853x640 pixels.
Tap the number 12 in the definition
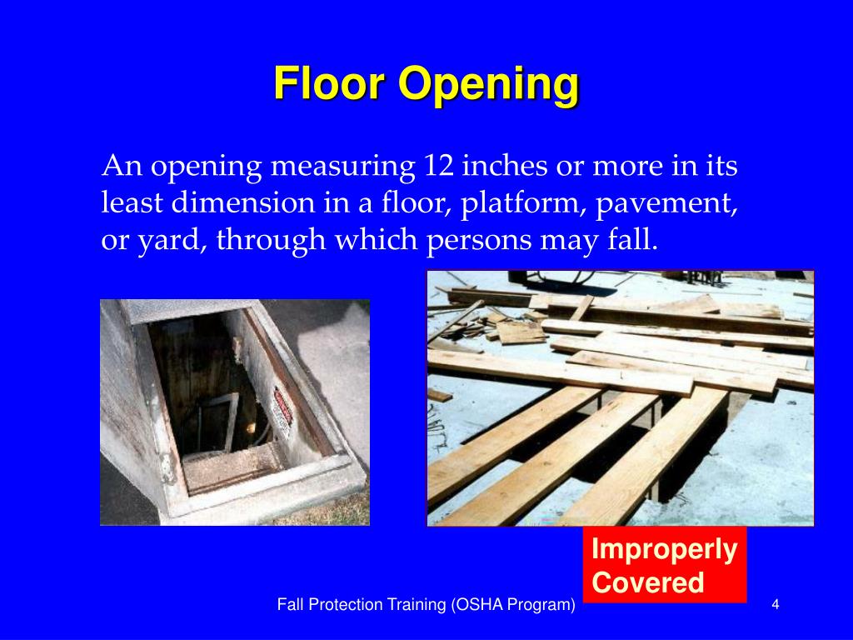(x=436, y=166)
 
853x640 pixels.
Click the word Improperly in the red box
(x=665, y=550)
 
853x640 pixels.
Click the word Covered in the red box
(x=648, y=582)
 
